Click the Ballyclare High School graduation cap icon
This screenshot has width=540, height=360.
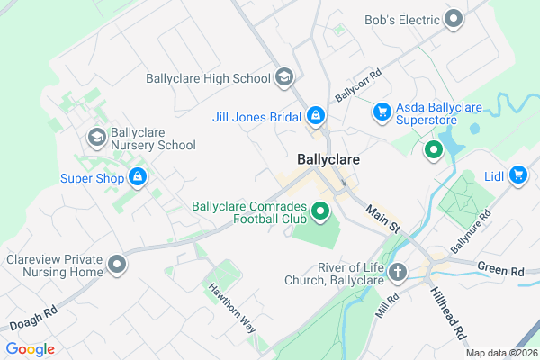point(284,78)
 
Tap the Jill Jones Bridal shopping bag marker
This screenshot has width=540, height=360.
point(316,116)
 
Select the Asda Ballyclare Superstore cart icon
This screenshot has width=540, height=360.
point(382,112)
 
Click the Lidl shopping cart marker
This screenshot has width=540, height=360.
point(517,175)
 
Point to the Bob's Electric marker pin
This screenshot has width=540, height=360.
point(454,18)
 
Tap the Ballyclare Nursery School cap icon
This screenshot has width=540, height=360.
point(95,137)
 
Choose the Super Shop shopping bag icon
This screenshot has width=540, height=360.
point(138,177)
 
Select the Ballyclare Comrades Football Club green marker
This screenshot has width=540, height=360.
point(319,213)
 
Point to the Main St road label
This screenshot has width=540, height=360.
point(382,220)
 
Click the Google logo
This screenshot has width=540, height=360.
point(31,348)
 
